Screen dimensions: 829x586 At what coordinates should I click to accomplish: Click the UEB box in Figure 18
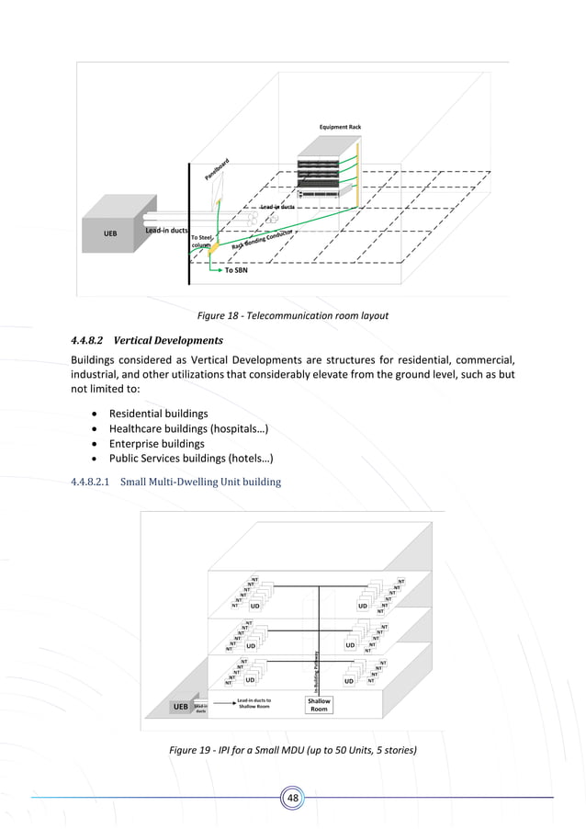111,233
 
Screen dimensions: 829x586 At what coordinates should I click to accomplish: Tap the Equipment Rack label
338,127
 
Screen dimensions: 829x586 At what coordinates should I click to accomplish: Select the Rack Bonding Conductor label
262,242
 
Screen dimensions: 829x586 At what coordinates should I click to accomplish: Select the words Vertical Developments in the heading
169,340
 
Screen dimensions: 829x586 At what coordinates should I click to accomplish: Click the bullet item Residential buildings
158,414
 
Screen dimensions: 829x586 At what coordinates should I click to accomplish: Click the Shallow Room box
319,705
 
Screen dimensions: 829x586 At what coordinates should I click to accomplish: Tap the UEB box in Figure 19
181,706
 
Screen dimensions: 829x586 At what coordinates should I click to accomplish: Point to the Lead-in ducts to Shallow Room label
253,703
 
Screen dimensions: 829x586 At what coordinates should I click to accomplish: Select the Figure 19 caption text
293,751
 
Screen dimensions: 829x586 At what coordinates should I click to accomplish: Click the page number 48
293,798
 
